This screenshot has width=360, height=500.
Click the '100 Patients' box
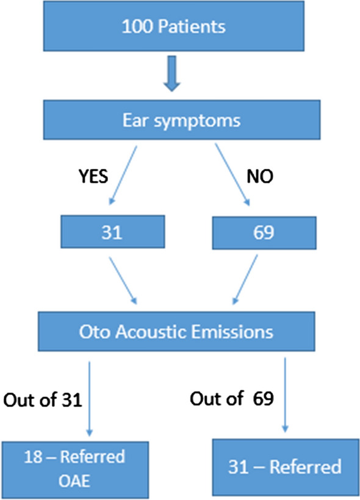[174, 27]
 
